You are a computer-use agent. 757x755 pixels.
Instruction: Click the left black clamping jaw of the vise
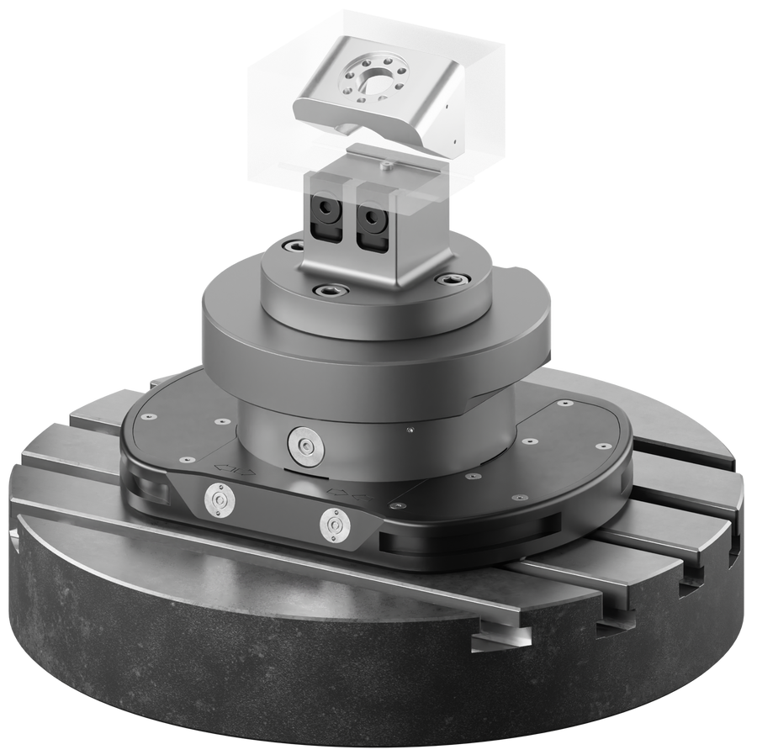(x=323, y=218)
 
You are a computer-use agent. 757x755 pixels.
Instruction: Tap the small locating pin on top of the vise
(x=384, y=166)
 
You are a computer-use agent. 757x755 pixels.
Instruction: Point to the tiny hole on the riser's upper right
(x=409, y=431)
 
